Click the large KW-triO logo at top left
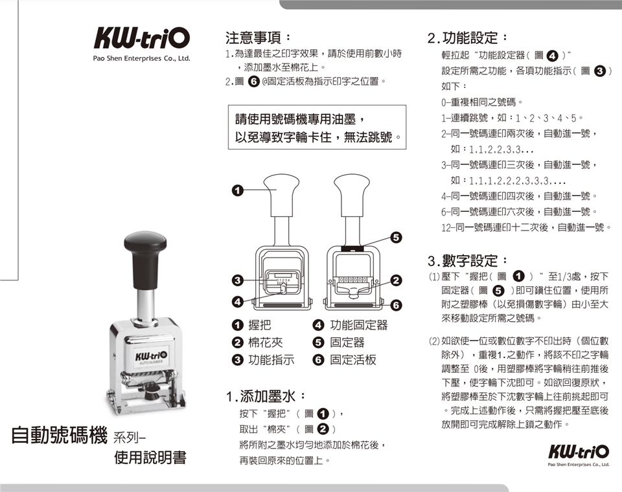pyautogui.click(x=142, y=38)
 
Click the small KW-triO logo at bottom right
pyautogui.click(x=579, y=452)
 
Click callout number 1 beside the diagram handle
pyautogui.click(x=237, y=191)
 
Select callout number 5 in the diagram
pyautogui.click(x=396, y=237)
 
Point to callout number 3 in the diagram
pyautogui.click(x=237, y=280)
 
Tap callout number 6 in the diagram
pyautogui.click(x=396, y=306)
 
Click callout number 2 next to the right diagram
pyautogui.click(x=396, y=280)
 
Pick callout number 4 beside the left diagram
pyautogui.click(x=237, y=302)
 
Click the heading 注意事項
pyautogui.click(x=258, y=38)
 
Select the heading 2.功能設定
pyautogui.click(x=467, y=38)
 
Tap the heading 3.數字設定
pyautogui.click(x=467, y=261)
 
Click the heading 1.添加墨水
pyautogui.click(x=266, y=396)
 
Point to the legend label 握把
pyautogui.click(x=260, y=325)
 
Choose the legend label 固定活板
pyautogui.click(x=353, y=359)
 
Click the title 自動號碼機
pyautogui.click(x=59, y=434)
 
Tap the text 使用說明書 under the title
pyautogui.click(x=150, y=458)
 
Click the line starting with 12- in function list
pyautogui.click(x=526, y=228)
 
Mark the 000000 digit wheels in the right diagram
pyautogui.click(x=351, y=280)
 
